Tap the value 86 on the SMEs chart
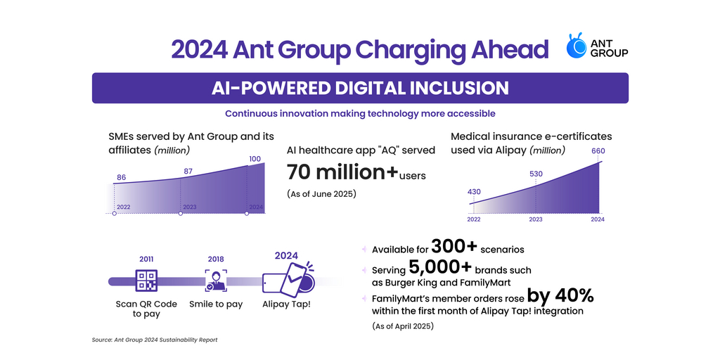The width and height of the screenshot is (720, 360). tap(121, 178)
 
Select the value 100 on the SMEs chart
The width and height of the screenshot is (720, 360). tap(255, 159)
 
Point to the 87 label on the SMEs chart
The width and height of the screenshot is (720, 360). tap(188, 171)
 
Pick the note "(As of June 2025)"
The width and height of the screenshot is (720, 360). tap(322, 193)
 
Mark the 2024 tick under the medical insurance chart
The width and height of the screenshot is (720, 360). tap(597, 219)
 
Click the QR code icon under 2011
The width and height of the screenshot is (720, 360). tap(147, 281)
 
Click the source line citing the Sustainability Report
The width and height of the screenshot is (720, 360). tap(155, 340)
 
